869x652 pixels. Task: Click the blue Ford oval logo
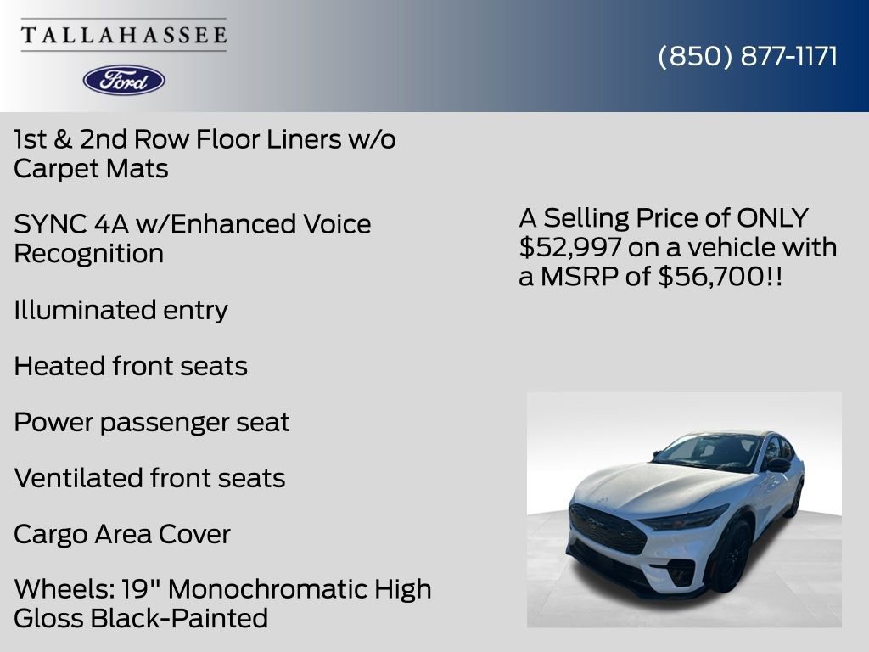tap(124, 80)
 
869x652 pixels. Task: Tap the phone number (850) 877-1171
tap(748, 56)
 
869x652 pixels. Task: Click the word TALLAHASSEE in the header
tap(124, 35)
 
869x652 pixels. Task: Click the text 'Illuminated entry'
tap(121, 310)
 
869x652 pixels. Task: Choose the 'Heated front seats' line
tap(131, 366)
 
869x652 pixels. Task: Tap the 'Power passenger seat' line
tap(152, 422)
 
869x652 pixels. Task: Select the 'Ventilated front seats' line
tap(149, 478)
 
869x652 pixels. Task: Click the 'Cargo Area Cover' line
tap(122, 534)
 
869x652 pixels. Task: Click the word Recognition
tap(88, 253)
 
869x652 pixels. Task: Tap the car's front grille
tap(607, 528)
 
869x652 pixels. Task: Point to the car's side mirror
tap(777, 465)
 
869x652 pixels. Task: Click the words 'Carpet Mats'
tap(91, 168)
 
